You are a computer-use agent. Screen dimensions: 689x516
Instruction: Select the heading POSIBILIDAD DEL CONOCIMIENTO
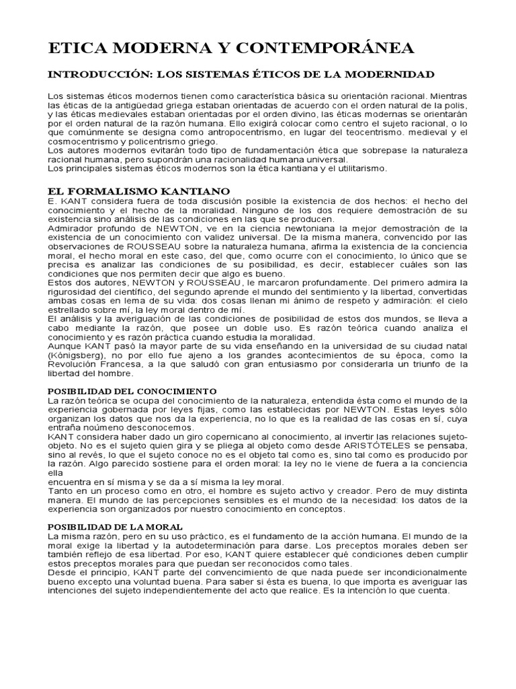132,391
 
